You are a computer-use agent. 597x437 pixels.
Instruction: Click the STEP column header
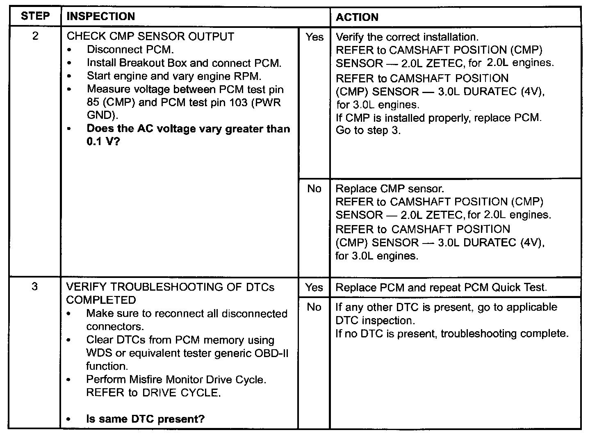(x=35, y=16)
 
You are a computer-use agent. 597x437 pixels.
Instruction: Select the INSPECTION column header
(x=100, y=16)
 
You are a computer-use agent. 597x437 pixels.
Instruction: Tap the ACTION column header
(x=357, y=17)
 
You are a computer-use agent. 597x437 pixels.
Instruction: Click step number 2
(x=35, y=36)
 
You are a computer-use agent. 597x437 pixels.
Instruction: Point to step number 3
(x=35, y=286)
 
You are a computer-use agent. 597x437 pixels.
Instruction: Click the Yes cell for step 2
(x=314, y=37)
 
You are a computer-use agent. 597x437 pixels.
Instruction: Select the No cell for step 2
(x=314, y=189)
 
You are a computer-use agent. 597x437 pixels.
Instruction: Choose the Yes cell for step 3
(x=314, y=287)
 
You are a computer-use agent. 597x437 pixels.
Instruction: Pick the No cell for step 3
(x=314, y=307)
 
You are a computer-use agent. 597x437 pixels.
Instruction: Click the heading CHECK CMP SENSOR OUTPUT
(x=150, y=36)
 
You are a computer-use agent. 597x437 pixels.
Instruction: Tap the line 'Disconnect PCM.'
(x=130, y=50)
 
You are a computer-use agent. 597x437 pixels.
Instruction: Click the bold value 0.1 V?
(x=103, y=142)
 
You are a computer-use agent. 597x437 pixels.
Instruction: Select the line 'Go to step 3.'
(x=368, y=131)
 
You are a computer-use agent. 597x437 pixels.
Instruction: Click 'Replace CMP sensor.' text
(x=390, y=189)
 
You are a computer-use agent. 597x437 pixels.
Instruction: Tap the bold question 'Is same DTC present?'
(x=145, y=419)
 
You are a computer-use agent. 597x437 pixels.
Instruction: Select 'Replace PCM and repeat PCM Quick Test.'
(x=441, y=287)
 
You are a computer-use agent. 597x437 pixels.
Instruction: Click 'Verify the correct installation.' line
(x=407, y=37)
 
